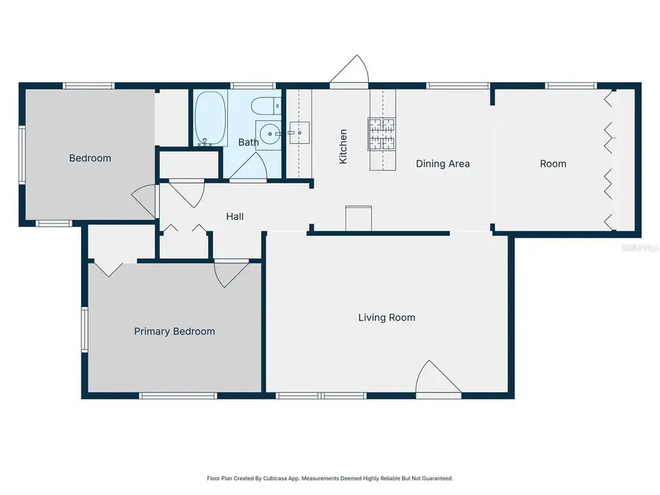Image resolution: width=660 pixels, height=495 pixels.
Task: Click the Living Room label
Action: [386, 318]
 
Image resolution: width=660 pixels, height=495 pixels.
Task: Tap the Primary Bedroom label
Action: [175, 331]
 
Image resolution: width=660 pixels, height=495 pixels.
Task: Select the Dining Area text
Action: [442, 164]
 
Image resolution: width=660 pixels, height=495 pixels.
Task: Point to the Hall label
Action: [235, 216]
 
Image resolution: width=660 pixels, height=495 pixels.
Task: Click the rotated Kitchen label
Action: [342, 146]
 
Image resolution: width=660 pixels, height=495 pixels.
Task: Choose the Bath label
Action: [248, 142]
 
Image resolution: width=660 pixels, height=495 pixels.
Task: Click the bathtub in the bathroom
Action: [210, 118]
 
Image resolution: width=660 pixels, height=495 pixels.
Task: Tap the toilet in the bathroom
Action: [265, 106]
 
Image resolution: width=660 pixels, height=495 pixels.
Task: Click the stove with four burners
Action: [382, 133]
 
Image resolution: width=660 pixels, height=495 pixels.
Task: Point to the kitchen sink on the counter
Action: [299, 133]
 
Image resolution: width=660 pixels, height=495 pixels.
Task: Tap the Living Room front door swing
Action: [437, 379]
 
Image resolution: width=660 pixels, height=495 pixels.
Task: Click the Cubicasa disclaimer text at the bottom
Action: [330, 478]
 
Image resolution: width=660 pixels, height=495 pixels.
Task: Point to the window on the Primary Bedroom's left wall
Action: [85, 329]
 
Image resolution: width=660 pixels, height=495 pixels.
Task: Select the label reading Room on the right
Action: [553, 164]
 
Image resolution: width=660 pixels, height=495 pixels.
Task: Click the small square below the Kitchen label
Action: [359, 218]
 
